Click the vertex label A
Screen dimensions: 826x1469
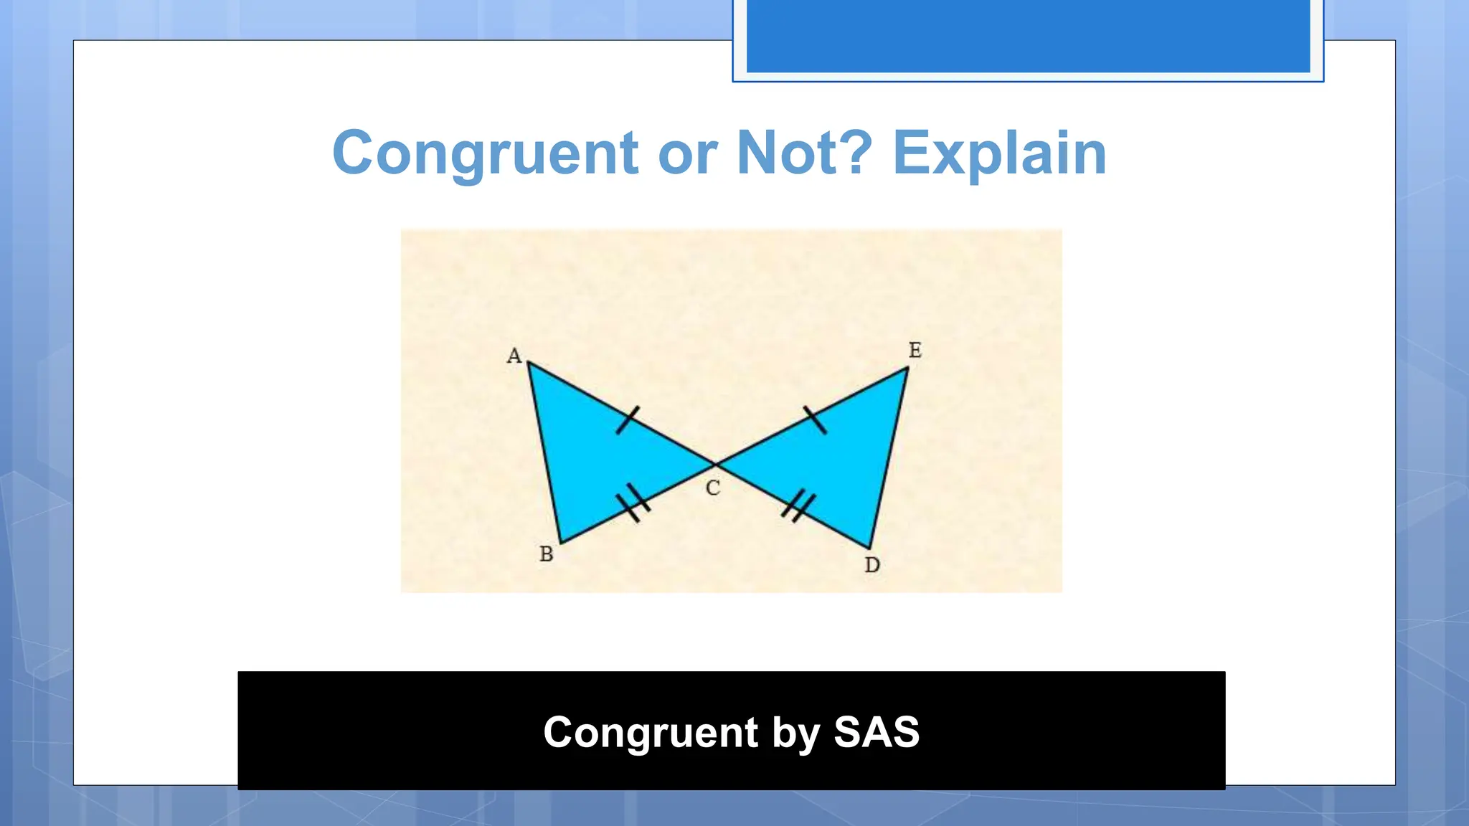click(514, 356)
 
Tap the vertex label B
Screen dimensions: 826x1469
click(546, 554)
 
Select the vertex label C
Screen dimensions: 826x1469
click(712, 488)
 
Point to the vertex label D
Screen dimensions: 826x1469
click(872, 565)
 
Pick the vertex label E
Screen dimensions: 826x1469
click(915, 350)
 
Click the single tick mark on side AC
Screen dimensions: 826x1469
click(628, 420)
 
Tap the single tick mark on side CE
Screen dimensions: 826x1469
click(815, 420)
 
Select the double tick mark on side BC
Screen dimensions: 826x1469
click(633, 503)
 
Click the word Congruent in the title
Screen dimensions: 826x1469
click(485, 153)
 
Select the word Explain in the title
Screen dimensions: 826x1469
click(999, 153)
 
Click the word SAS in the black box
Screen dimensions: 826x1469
click(876, 732)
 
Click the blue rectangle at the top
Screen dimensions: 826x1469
click(1028, 36)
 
